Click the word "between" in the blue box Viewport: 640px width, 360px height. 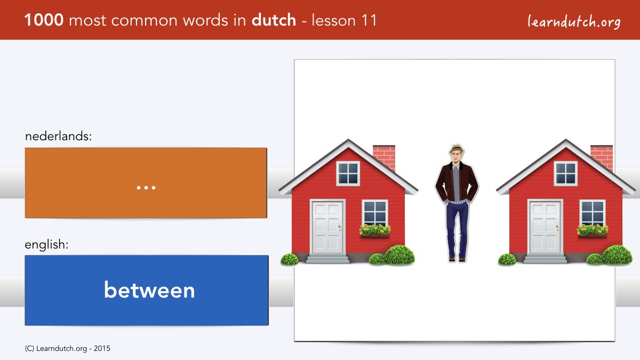149,290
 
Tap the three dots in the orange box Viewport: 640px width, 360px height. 146,188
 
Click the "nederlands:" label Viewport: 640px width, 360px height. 58,136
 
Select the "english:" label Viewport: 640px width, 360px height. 46,245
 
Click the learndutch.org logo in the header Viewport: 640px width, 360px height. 574,21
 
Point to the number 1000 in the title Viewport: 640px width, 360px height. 44,20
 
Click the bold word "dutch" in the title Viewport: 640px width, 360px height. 274,20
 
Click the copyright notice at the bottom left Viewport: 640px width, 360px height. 67,349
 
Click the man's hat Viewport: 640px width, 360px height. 457,149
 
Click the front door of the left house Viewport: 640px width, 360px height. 327,227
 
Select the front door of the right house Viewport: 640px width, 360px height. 545,227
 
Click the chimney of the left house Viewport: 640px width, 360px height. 384,158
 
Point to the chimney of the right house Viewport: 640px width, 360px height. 602,158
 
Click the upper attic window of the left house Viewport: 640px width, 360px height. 348,173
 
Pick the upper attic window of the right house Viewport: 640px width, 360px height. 566,173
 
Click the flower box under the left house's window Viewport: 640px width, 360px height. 375,231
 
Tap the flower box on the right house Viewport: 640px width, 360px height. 593,231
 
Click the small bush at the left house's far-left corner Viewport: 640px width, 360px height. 290,259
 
